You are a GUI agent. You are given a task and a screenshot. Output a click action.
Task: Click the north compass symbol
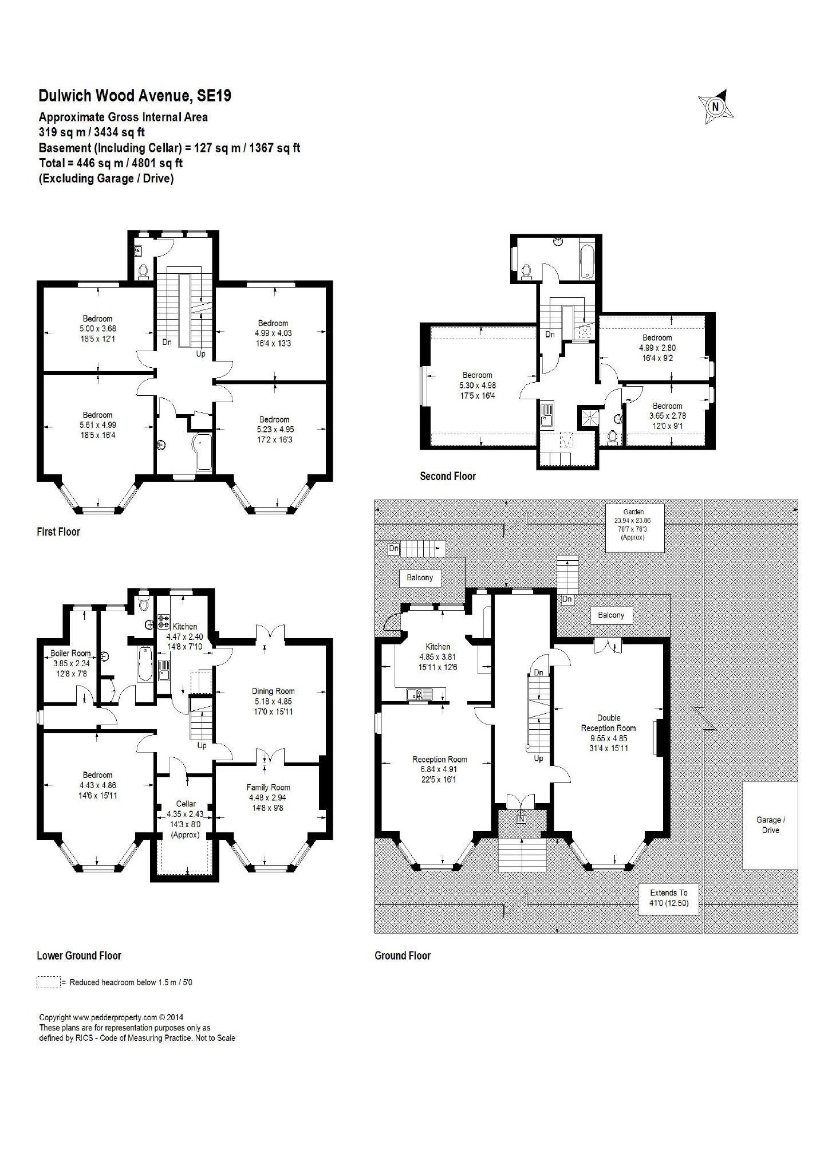point(715,107)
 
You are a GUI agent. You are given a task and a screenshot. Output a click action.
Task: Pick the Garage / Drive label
point(770,825)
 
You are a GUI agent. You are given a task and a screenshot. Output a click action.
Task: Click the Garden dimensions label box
point(634,528)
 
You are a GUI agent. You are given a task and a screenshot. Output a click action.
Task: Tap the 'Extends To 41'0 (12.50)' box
point(669,898)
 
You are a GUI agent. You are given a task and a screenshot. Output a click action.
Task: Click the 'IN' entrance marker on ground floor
point(521,820)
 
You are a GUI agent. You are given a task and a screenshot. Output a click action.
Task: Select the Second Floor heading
point(448,476)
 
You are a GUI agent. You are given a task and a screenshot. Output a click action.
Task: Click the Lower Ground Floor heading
point(79,955)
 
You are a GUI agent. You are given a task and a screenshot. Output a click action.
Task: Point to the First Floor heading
point(58,532)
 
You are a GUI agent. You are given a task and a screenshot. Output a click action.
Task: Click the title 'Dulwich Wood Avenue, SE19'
point(135,96)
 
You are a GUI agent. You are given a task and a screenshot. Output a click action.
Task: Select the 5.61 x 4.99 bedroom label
point(97,425)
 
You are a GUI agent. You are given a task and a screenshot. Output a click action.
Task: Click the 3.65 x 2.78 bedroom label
point(668,416)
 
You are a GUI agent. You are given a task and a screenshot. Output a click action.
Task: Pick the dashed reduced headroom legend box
point(49,982)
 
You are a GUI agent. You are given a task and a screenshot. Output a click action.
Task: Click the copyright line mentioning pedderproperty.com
point(111,1017)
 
